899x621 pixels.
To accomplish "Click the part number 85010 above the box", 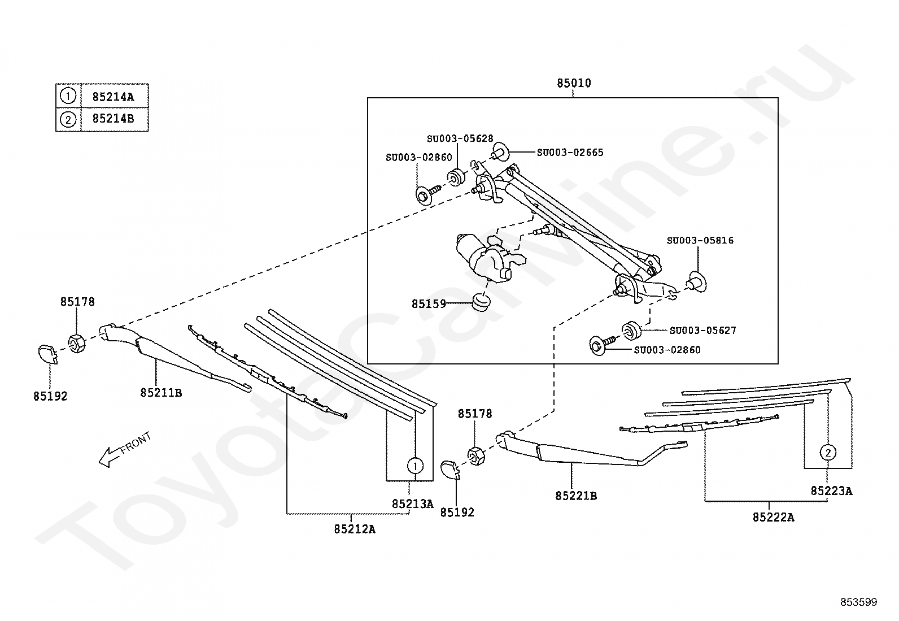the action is pyautogui.click(x=574, y=83).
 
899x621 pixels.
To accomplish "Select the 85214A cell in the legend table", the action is pyautogui.click(x=114, y=97).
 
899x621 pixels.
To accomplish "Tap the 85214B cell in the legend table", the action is pyautogui.click(x=114, y=119).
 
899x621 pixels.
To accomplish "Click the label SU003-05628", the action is pyautogui.click(x=460, y=138).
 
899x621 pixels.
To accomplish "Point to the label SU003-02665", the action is pyautogui.click(x=570, y=153).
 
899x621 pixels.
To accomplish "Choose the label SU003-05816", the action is pyautogui.click(x=700, y=241).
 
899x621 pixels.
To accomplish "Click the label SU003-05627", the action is pyautogui.click(x=703, y=331).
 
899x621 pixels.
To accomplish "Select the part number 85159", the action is pyautogui.click(x=429, y=304).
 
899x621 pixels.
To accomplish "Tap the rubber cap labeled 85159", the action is pyautogui.click(x=481, y=302).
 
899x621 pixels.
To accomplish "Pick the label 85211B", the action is pyautogui.click(x=161, y=393).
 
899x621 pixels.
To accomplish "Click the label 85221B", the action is pyautogui.click(x=577, y=496).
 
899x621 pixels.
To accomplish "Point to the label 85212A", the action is pyautogui.click(x=355, y=529).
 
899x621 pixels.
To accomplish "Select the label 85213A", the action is pyautogui.click(x=413, y=503).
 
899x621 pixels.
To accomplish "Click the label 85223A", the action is pyautogui.click(x=832, y=491).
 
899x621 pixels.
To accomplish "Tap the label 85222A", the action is pyautogui.click(x=774, y=518).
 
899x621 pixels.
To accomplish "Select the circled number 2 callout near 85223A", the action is pyautogui.click(x=828, y=453).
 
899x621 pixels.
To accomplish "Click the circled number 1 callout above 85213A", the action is pyautogui.click(x=416, y=466).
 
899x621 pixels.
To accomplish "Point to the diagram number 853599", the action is pyautogui.click(x=859, y=602).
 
